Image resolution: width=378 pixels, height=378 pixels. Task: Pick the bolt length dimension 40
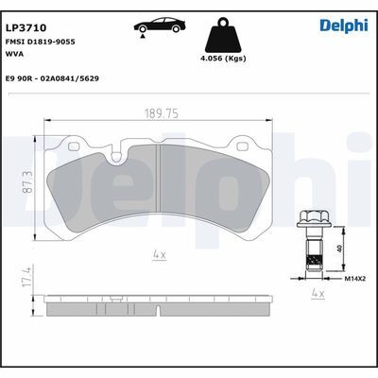[x=339, y=249]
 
